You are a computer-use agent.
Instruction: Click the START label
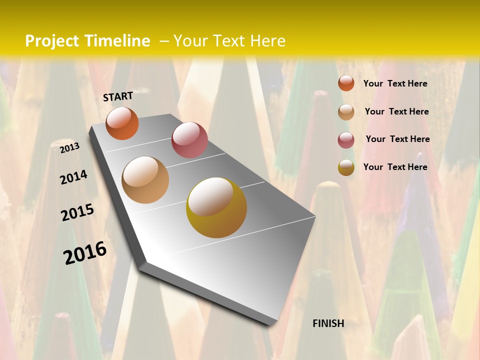[x=118, y=96]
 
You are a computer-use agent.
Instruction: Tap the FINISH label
[x=328, y=323]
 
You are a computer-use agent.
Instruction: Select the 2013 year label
[x=70, y=147]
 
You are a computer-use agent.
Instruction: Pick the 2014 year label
[x=73, y=177]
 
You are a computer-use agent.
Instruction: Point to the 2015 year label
[x=77, y=212]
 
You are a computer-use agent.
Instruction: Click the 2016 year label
[x=85, y=252]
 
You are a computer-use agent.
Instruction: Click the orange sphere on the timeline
[x=122, y=123]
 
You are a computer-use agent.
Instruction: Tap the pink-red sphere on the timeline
[x=189, y=140]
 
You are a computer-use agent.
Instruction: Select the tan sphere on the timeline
[x=145, y=180]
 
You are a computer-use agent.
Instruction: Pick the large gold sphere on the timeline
[x=216, y=207]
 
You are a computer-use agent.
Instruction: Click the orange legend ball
[x=346, y=83]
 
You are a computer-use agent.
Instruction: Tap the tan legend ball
[x=346, y=111]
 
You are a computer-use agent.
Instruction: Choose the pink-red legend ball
[x=346, y=139]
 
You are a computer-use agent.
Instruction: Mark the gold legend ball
[x=346, y=167]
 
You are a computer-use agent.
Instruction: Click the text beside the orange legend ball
[x=395, y=83]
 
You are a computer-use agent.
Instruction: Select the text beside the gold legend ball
[x=395, y=167]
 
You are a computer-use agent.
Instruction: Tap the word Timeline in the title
[x=118, y=41]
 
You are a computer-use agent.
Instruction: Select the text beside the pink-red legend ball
[x=397, y=139]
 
